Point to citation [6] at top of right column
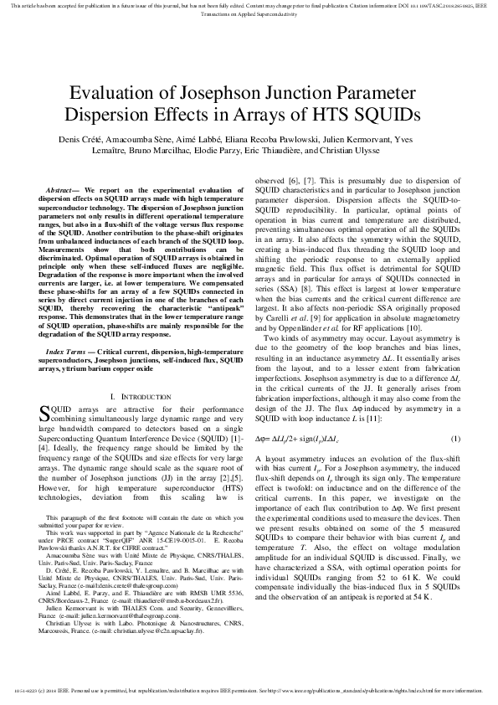pos(295,181)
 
